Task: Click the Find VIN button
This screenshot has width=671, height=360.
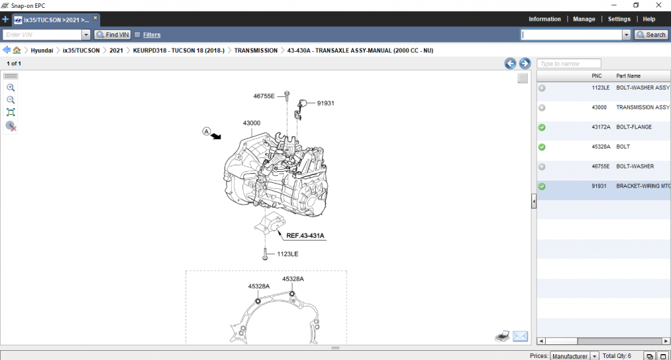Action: pyautogui.click(x=112, y=35)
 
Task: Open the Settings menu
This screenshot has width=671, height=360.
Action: pyautogui.click(x=619, y=19)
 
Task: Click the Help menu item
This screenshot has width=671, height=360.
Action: pyautogui.click(x=649, y=19)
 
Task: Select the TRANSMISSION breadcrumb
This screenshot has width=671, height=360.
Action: pyautogui.click(x=256, y=50)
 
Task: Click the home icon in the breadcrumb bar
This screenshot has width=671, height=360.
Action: pyautogui.click(x=17, y=50)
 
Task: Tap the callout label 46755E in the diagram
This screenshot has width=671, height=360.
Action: pyautogui.click(x=264, y=96)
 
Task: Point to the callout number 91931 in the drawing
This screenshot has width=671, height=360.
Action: pyautogui.click(x=326, y=103)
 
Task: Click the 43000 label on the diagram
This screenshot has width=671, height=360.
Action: pyautogui.click(x=252, y=123)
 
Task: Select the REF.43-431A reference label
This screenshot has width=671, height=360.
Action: pyautogui.click(x=305, y=235)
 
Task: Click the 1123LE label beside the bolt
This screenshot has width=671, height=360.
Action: pyautogui.click(x=288, y=254)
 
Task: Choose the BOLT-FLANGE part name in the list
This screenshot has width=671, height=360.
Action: pyautogui.click(x=634, y=127)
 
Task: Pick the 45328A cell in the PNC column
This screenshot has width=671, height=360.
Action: pyautogui.click(x=601, y=147)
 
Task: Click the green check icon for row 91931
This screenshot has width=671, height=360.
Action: pyautogui.click(x=542, y=186)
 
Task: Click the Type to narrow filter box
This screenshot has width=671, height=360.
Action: pyautogui.click(x=568, y=64)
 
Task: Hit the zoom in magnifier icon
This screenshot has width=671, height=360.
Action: pyautogui.click(x=10, y=87)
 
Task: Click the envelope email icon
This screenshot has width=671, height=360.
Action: pyautogui.click(x=520, y=336)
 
